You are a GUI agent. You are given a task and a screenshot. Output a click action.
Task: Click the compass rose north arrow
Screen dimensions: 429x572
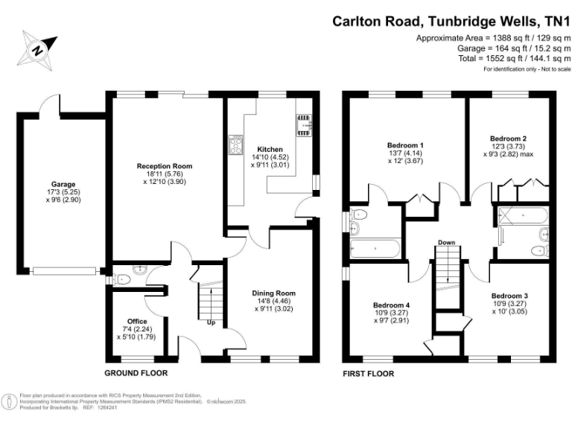pos(36,49)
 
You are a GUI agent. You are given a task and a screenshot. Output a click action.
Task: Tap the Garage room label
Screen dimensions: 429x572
pos(63,184)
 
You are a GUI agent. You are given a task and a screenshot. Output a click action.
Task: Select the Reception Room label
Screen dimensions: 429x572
pos(164,166)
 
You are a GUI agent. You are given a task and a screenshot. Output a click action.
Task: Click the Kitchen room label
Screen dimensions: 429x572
pos(269,149)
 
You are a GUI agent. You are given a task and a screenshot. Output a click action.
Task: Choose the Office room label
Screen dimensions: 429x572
pos(136,321)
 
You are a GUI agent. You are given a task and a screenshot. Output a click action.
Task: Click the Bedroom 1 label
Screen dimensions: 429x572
pos(406,144)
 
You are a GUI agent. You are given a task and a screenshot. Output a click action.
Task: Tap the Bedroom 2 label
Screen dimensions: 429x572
pos(509,139)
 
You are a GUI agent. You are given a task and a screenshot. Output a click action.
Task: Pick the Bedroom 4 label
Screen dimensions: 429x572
pos(391,305)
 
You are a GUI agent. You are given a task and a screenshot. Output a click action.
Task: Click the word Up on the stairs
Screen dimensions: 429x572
pos(212,323)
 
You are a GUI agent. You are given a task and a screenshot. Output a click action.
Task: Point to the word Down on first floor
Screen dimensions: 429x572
pos(447,243)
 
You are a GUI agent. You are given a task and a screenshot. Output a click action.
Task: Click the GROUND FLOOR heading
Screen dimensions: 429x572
pos(136,373)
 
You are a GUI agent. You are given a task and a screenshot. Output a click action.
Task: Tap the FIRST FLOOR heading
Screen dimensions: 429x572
pos(368,373)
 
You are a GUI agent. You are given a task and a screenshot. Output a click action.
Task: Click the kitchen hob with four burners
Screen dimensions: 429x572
pos(238,139)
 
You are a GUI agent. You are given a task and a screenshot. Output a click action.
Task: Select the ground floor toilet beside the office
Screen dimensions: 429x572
pos(123,279)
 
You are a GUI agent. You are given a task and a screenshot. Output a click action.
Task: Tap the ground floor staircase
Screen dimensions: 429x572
pos(211,299)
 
